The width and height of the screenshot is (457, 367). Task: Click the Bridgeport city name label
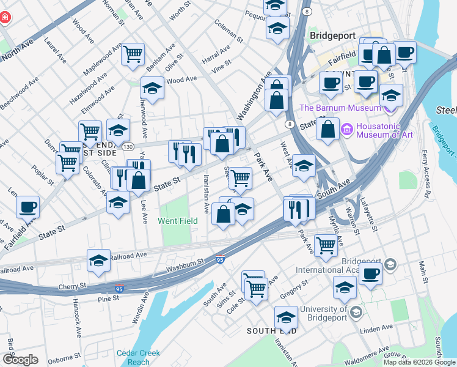332,35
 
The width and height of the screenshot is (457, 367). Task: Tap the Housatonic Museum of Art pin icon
347,129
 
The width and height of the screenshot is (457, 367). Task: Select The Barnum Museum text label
340,108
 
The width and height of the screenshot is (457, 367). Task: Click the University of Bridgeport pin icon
356,313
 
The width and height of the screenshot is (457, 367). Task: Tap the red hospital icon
4,18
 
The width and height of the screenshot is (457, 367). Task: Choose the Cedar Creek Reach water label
139,357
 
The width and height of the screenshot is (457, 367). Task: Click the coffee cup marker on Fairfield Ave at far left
27,207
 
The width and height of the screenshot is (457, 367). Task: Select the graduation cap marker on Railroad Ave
98,261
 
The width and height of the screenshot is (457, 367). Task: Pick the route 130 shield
127,147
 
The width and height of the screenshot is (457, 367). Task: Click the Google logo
20,360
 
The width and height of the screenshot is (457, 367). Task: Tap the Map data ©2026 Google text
419,362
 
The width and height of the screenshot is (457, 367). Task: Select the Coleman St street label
229,31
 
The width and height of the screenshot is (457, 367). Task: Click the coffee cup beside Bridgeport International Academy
370,273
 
